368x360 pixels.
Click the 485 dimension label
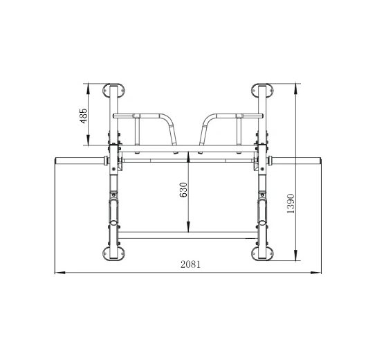(84, 116)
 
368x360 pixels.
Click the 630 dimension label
(183, 190)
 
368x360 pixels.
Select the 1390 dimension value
(291, 204)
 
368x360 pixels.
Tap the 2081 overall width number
(191, 264)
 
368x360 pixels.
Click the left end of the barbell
(55, 161)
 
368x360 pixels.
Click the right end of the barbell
(320, 161)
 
